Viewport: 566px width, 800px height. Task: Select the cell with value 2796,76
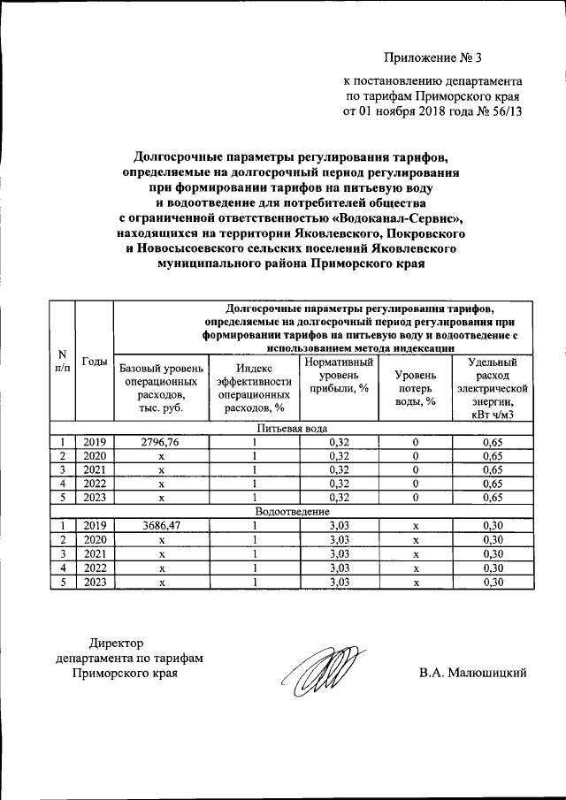[162, 442]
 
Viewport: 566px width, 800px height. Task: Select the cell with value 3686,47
[162, 525]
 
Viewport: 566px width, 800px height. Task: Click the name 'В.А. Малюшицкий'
[473, 674]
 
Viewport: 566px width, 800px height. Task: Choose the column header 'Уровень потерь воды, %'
[415, 388]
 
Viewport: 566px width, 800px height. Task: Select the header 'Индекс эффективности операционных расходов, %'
[254, 388]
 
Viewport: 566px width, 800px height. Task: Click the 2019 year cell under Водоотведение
[95, 525]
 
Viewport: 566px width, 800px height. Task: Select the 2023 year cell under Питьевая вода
[95, 498]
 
